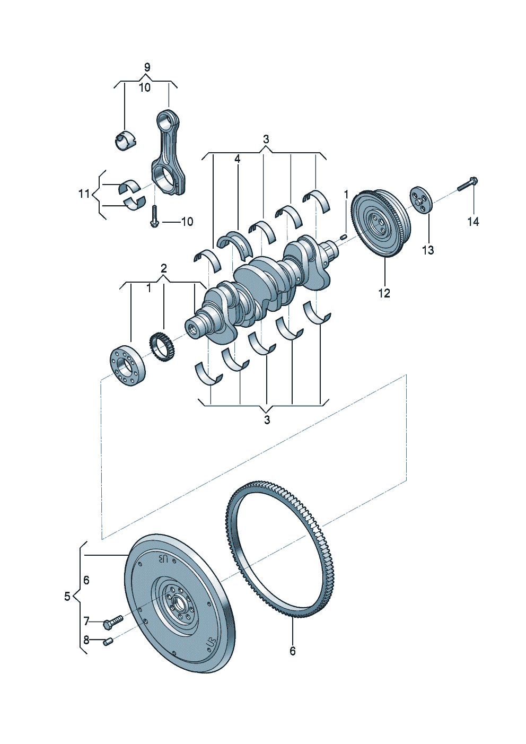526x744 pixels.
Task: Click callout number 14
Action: tap(472, 222)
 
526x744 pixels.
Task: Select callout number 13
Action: tap(427, 250)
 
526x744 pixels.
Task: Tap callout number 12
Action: tap(384, 293)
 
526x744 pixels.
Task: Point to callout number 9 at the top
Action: tap(147, 67)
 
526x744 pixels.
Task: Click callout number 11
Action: tap(84, 194)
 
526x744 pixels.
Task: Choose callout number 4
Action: tap(237, 159)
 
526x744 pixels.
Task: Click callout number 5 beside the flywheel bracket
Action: tap(67, 597)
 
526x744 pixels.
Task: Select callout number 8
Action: tap(86, 640)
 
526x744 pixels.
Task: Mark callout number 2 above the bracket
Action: tap(164, 268)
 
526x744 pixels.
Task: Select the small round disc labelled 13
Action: tap(421, 200)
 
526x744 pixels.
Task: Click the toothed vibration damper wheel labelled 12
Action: tap(381, 223)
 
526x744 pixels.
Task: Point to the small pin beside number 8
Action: tap(108, 642)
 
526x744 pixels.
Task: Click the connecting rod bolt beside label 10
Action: tap(154, 217)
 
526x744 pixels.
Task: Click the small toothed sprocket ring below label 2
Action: tap(163, 348)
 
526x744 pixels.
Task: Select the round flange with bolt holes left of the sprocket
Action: tap(127, 366)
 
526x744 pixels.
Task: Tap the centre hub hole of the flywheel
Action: tap(177, 603)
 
